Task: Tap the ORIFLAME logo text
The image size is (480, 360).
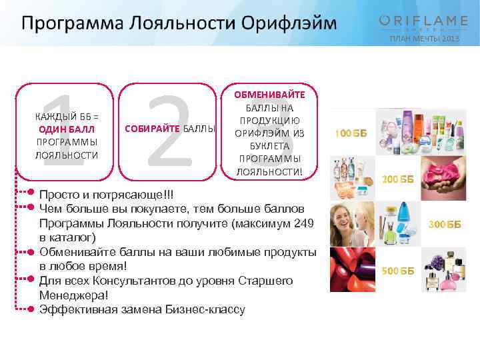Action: click(x=423, y=21)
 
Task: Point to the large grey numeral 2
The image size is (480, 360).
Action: click(x=169, y=131)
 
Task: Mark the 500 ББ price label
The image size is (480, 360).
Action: click(x=397, y=271)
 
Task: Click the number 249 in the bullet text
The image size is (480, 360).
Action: click(x=302, y=223)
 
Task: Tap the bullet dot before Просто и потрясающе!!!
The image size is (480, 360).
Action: click(x=31, y=193)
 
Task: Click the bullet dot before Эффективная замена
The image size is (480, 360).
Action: click(x=31, y=309)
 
